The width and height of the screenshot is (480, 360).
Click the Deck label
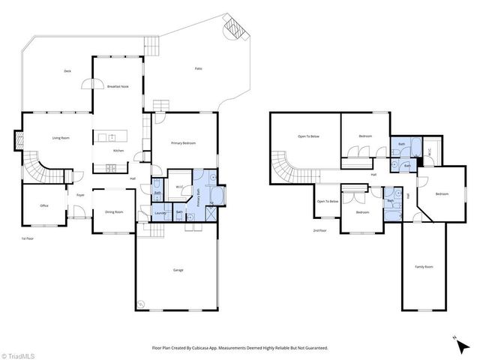[x=67, y=71]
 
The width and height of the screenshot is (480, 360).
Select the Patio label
[x=199, y=68]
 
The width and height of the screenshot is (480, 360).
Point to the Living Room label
[x=61, y=138]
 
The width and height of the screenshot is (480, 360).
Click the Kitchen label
[x=118, y=151]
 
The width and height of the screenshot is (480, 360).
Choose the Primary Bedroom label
[x=183, y=142]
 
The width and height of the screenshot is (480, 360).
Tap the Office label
[x=44, y=205]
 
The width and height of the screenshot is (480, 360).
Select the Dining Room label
[x=114, y=211]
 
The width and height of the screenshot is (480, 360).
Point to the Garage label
[x=178, y=270]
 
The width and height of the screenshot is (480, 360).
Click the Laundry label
[x=159, y=213]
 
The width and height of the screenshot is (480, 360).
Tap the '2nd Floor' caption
[x=320, y=231]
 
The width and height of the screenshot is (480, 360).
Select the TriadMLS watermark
[x=16, y=354]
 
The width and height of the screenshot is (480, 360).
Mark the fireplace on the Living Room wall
[x=17, y=139]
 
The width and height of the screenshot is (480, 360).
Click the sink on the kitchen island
[x=111, y=136]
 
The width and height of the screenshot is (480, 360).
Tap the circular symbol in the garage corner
[x=141, y=304]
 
